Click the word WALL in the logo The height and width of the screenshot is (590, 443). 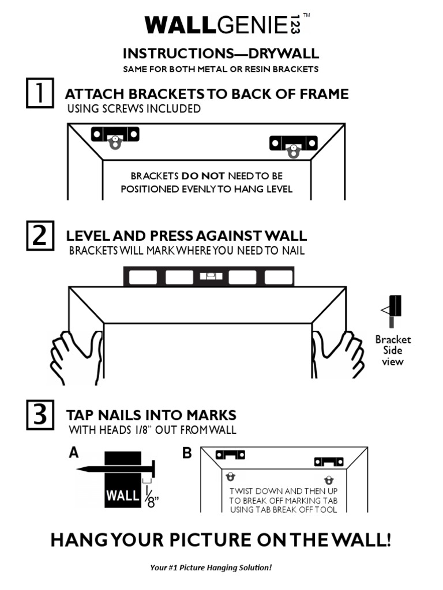click(x=179, y=25)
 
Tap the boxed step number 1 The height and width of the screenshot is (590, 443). click(x=40, y=93)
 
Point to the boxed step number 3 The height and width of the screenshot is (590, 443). click(x=40, y=415)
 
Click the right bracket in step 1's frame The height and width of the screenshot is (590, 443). click(x=294, y=144)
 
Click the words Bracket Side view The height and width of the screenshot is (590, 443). click(x=393, y=350)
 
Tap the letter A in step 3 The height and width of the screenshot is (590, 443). click(x=73, y=453)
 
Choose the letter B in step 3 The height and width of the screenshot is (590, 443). click(x=187, y=453)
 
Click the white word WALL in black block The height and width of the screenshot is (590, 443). click(x=122, y=495)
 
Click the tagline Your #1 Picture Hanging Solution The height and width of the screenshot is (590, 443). click(x=211, y=568)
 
